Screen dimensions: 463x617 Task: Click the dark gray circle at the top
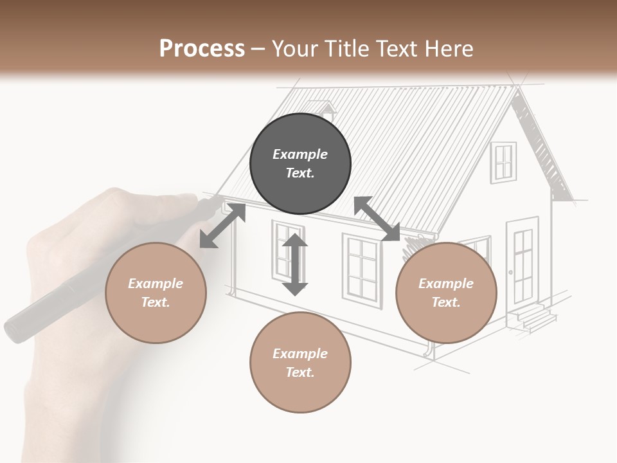(300, 163)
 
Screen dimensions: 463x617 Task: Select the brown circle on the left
(156, 293)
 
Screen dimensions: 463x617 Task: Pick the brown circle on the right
(446, 293)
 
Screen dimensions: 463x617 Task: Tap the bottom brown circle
(300, 362)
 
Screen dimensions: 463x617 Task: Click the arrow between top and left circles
(222, 225)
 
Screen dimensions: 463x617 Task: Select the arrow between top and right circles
(377, 219)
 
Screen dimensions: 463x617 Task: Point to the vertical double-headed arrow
(295, 265)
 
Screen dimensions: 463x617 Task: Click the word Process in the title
(202, 48)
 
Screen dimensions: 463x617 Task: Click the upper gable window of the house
(503, 161)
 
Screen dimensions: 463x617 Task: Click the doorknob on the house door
(511, 273)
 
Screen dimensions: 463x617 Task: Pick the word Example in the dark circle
(300, 154)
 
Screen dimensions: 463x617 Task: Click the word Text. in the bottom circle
(300, 372)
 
